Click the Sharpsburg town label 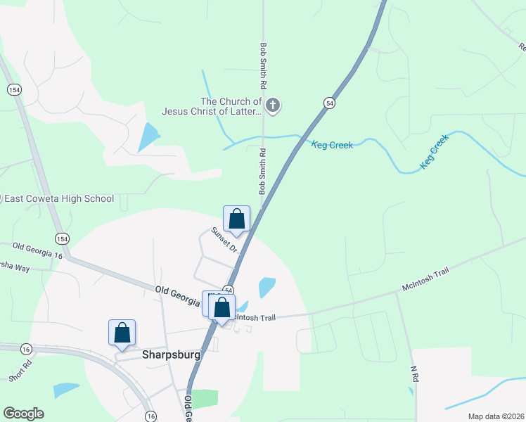coord(171,355)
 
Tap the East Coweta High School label coord(59,198)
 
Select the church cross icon coord(274,106)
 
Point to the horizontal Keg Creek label coord(332,145)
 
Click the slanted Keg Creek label coord(434,153)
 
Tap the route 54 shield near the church coord(329,103)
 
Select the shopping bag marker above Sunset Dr coord(237,219)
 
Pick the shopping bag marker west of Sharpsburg coord(122,333)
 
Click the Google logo coord(23,414)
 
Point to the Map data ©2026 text coord(496,416)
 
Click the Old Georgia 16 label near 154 coord(37,251)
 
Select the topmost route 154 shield coord(13,89)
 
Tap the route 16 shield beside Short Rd coord(26,349)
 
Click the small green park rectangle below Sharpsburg coord(205,398)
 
